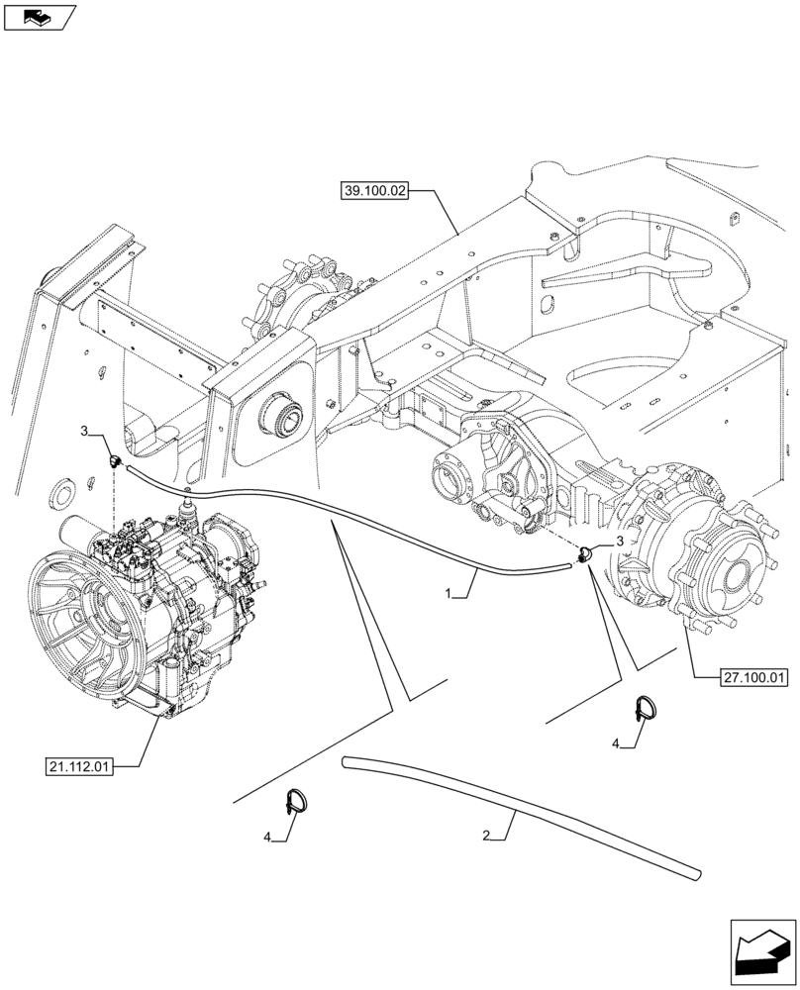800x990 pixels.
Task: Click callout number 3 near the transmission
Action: (85, 432)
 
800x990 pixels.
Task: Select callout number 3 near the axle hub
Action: (619, 543)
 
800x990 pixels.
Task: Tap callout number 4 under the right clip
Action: (616, 742)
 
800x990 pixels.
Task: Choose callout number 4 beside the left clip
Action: (265, 837)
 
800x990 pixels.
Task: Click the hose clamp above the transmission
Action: (115, 459)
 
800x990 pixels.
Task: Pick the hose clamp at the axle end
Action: (584, 554)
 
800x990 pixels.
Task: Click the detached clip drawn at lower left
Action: (296, 800)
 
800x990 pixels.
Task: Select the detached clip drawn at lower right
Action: (644, 711)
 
